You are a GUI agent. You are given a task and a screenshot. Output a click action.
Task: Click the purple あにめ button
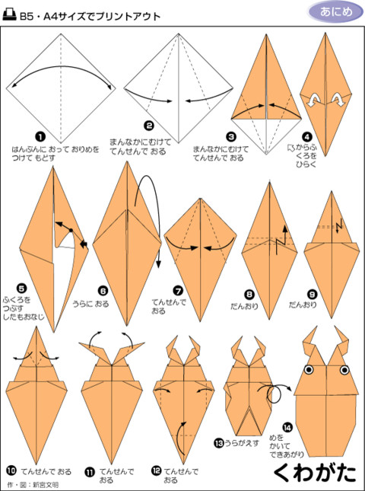[336, 12]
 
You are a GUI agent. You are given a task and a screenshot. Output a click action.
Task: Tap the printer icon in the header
[10, 15]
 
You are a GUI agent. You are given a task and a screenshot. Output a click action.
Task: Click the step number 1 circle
[40, 137]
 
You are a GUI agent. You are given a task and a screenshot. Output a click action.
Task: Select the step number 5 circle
[22, 289]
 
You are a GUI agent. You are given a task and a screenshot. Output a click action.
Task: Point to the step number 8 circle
[249, 295]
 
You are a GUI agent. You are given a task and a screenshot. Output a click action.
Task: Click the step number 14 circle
[287, 427]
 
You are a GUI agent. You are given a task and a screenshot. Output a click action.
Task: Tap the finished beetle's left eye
[309, 370]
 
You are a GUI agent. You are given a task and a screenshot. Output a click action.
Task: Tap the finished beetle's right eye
[344, 370]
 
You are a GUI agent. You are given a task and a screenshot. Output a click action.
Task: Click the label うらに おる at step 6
[90, 304]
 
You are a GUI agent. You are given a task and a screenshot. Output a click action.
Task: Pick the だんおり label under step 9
[303, 304]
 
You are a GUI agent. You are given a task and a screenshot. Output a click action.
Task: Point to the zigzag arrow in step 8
[281, 239]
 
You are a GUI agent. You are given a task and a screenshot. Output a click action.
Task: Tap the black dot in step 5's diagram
[71, 231]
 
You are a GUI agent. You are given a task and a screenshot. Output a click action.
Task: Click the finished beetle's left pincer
[309, 341]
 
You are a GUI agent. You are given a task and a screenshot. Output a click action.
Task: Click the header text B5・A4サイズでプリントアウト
[90, 16]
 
